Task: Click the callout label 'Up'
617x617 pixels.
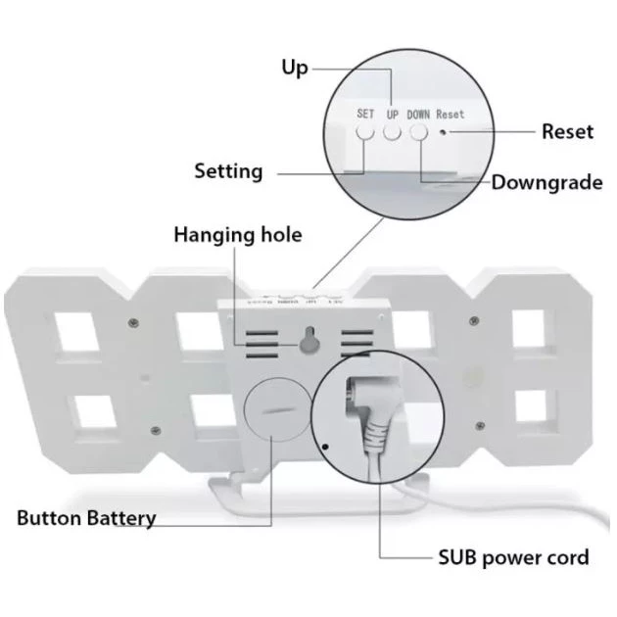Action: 294,68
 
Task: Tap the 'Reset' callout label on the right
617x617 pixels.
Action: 567,131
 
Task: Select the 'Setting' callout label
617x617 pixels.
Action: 228,171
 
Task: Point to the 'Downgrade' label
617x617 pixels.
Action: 546,182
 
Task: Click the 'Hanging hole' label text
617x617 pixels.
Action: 238,235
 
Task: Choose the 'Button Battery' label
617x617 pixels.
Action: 86,517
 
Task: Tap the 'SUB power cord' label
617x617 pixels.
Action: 513,557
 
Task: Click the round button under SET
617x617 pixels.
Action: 364,133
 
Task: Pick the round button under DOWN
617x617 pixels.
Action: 418,133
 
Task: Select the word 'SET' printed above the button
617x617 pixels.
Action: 364,114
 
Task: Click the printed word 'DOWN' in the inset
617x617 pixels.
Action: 418,114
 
